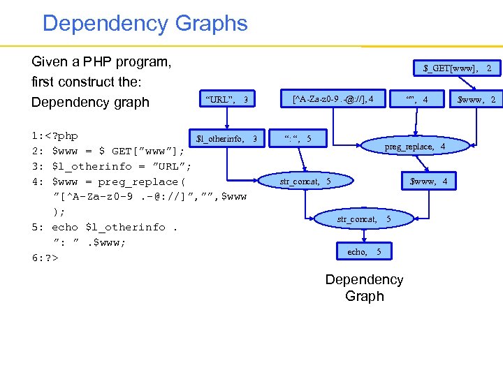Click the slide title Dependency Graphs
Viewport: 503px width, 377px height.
[x=145, y=23]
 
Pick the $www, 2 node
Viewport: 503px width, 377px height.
[x=475, y=99]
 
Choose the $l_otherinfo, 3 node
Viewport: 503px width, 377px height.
[x=226, y=138]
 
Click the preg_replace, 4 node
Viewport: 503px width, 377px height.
[x=415, y=147]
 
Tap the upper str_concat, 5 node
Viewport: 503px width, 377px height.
[x=305, y=182]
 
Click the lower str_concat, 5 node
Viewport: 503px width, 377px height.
[x=363, y=219]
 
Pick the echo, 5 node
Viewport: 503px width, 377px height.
[x=364, y=251]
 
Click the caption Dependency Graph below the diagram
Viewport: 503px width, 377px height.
[x=364, y=288]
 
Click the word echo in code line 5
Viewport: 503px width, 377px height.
[x=65, y=227]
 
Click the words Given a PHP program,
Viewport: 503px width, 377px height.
[x=101, y=61]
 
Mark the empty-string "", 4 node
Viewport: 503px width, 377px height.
[x=416, y=99]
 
